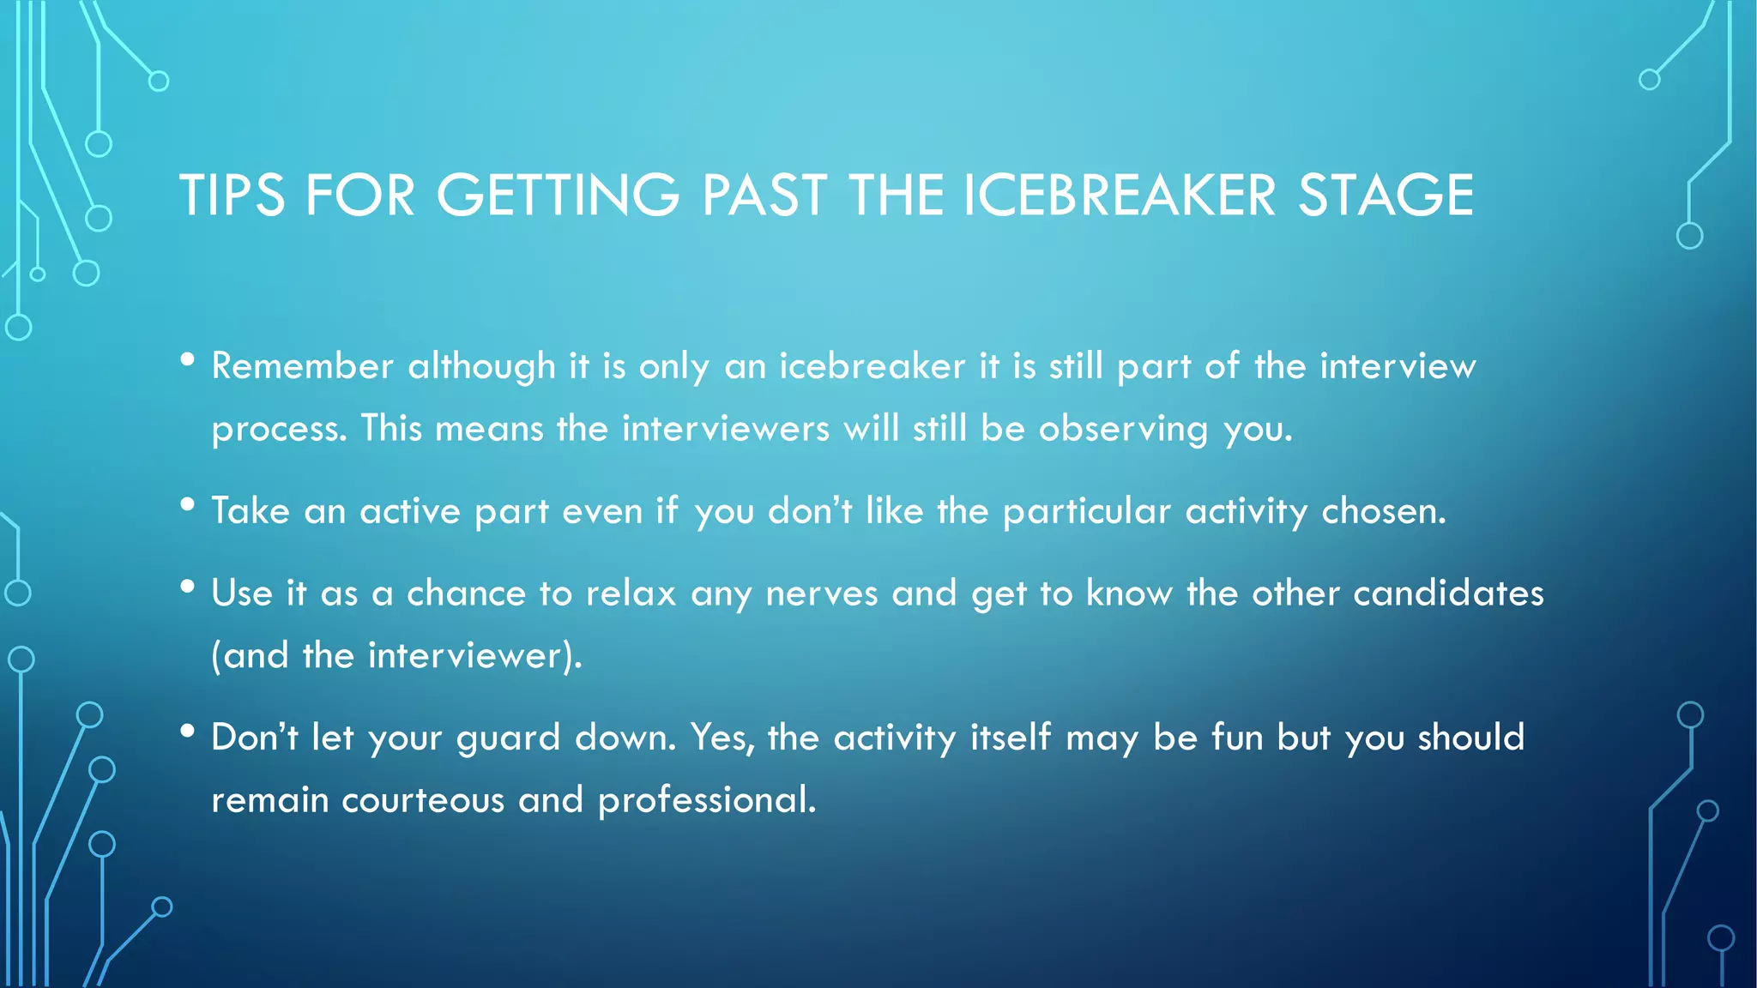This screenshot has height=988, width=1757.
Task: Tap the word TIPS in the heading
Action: point(232,196)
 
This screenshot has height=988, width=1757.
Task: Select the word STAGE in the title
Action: point(1386,196)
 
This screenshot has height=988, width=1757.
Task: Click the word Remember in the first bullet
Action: point(303,366)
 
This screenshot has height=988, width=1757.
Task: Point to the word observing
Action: point(1123,429)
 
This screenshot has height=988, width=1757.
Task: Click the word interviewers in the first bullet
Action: point(726,428)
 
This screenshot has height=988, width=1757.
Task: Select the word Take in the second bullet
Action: point(251,511)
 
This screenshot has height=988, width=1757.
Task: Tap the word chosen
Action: point(1383,511)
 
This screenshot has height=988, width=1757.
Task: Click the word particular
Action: point(1086,512)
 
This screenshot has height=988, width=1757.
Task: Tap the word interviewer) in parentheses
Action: point(474,656)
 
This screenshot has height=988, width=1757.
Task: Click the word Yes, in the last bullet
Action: point(722,738)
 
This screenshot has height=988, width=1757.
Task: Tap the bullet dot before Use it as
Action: point(188,587)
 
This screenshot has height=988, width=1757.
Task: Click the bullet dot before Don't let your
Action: point(188,732)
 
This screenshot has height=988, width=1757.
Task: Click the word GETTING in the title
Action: point(558,196)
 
